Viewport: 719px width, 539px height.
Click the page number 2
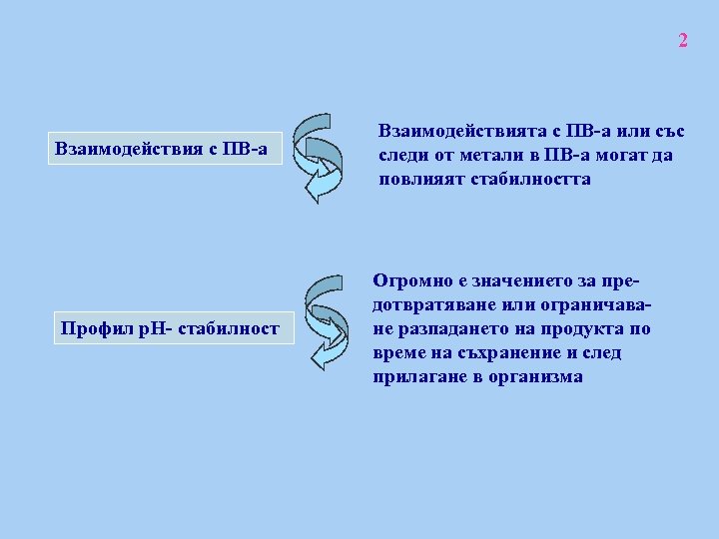tap(683, 41)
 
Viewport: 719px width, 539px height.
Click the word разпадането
tap(448, 329)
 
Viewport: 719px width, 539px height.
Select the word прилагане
tap(418, 377)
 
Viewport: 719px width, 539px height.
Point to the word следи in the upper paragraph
tap(402, 156)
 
